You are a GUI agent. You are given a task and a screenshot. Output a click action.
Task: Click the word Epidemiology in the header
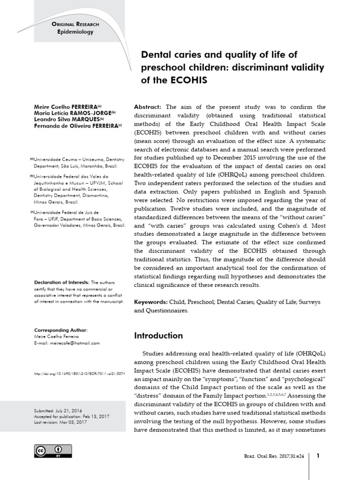pyautogui.click(x=75, y=32)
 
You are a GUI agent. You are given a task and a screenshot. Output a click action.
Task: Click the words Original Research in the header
pyautogui.click(x=75, y=24)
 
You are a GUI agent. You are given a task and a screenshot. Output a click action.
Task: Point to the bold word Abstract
pyautogui.click(x=148, y=106)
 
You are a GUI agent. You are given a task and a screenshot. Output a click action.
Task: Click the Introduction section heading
pyautogui.click(x=158, y=336)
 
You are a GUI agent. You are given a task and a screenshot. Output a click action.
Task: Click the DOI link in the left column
pyautogui.click(x=80, y=374)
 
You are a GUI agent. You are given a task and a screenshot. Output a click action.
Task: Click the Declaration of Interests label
pyautogui.click(x=62, y=283)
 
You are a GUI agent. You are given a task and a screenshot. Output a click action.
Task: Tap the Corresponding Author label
pyautogui.click(x=61, y=330)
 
